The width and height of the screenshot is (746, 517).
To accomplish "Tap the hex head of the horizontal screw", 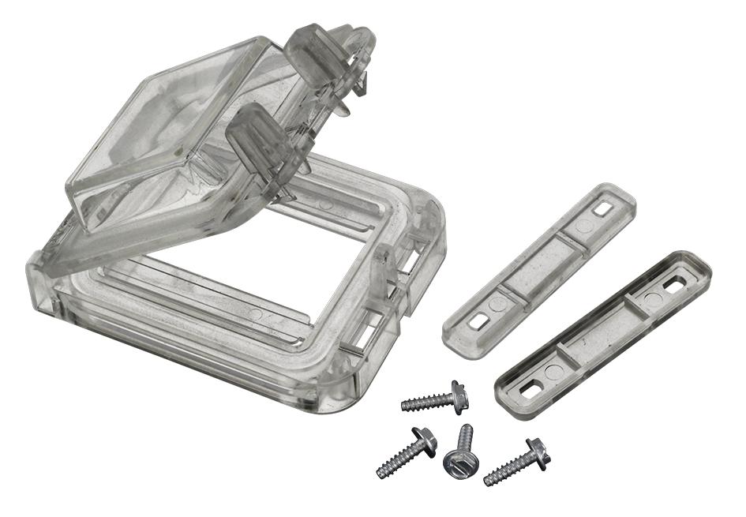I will pos(458,397).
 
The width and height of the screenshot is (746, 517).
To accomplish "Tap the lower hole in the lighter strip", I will pos(477,321).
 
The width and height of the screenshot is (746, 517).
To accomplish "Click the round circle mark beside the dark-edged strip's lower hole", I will pos(551,371).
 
